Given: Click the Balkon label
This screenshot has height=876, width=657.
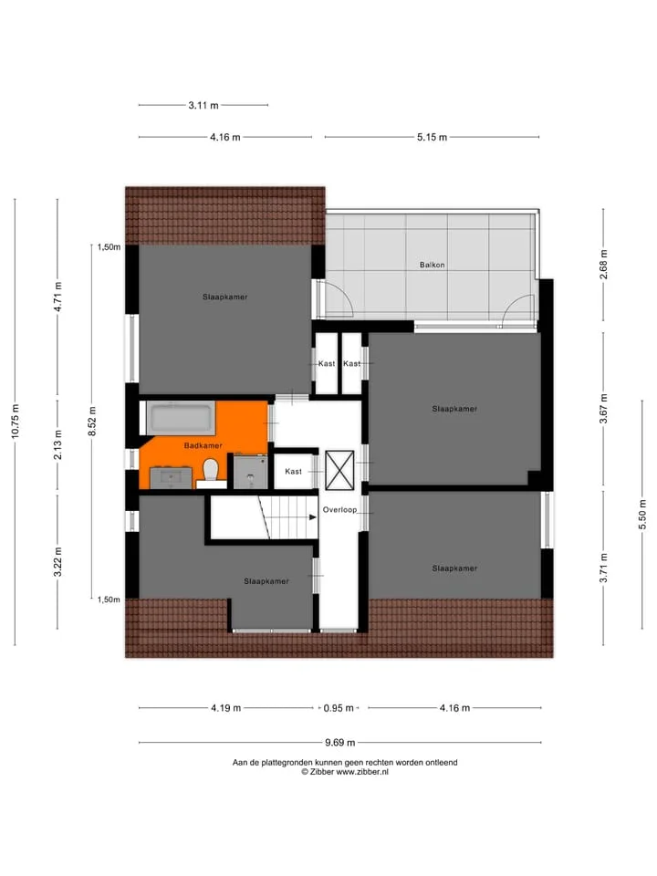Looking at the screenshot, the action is tap(432, 265).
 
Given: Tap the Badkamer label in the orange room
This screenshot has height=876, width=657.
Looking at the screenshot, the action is tap(203, 445).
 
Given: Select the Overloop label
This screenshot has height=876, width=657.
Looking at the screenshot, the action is tap(339, 509).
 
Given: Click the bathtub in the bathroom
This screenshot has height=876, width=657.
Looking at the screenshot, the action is tap(181, 417).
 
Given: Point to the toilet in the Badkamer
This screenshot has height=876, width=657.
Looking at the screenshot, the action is tap(211, 471).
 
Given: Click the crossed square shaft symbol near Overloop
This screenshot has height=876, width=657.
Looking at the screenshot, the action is tap(339, 471).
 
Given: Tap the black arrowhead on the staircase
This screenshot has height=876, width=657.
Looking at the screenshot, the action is tap(313, 517).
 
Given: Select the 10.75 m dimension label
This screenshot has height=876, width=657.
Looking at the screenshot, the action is tap(16, 421).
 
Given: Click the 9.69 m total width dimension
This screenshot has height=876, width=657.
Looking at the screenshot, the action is tap(339, 743).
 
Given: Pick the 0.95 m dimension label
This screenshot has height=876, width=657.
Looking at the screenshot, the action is tap(339, 708).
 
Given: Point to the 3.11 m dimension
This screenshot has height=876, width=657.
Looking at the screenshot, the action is tap(203, 105).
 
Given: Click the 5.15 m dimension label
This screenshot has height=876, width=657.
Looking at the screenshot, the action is tap(432, 137).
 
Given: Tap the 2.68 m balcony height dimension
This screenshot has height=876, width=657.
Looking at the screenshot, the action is tap(603, 265).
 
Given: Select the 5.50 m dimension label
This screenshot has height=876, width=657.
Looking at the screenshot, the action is tap(642, 515).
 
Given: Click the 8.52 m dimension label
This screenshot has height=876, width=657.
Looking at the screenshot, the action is tap(92, 421).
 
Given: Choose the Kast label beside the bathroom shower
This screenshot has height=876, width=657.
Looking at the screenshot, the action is tap(293, 472).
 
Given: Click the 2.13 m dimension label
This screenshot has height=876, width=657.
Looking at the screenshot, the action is tap(57, 445).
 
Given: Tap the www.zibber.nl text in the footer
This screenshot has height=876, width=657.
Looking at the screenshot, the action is tap(362, 772).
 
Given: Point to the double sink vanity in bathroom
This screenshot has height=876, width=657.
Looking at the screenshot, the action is tap(171, 478).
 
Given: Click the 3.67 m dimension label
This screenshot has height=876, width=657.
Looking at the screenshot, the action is tap(603, 409).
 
